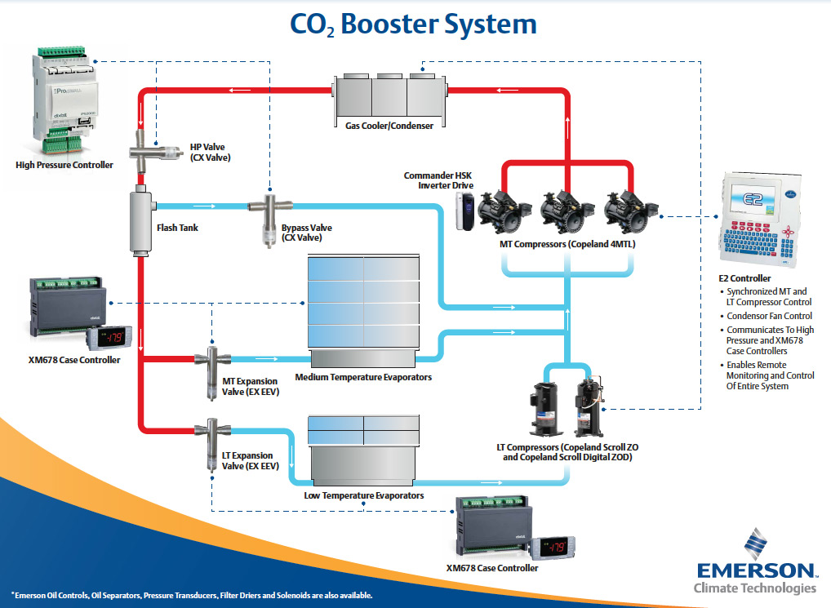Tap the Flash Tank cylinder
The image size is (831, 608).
coord(141,221)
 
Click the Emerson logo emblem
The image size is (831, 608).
coord(755,542)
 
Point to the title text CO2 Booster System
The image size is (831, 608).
coord(414,24)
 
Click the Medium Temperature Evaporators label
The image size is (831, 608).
coord(363,378)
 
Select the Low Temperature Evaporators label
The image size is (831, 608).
coord(363,495)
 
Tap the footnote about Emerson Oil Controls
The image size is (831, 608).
coord(192,595)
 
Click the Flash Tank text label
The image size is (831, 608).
coord(177,228)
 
